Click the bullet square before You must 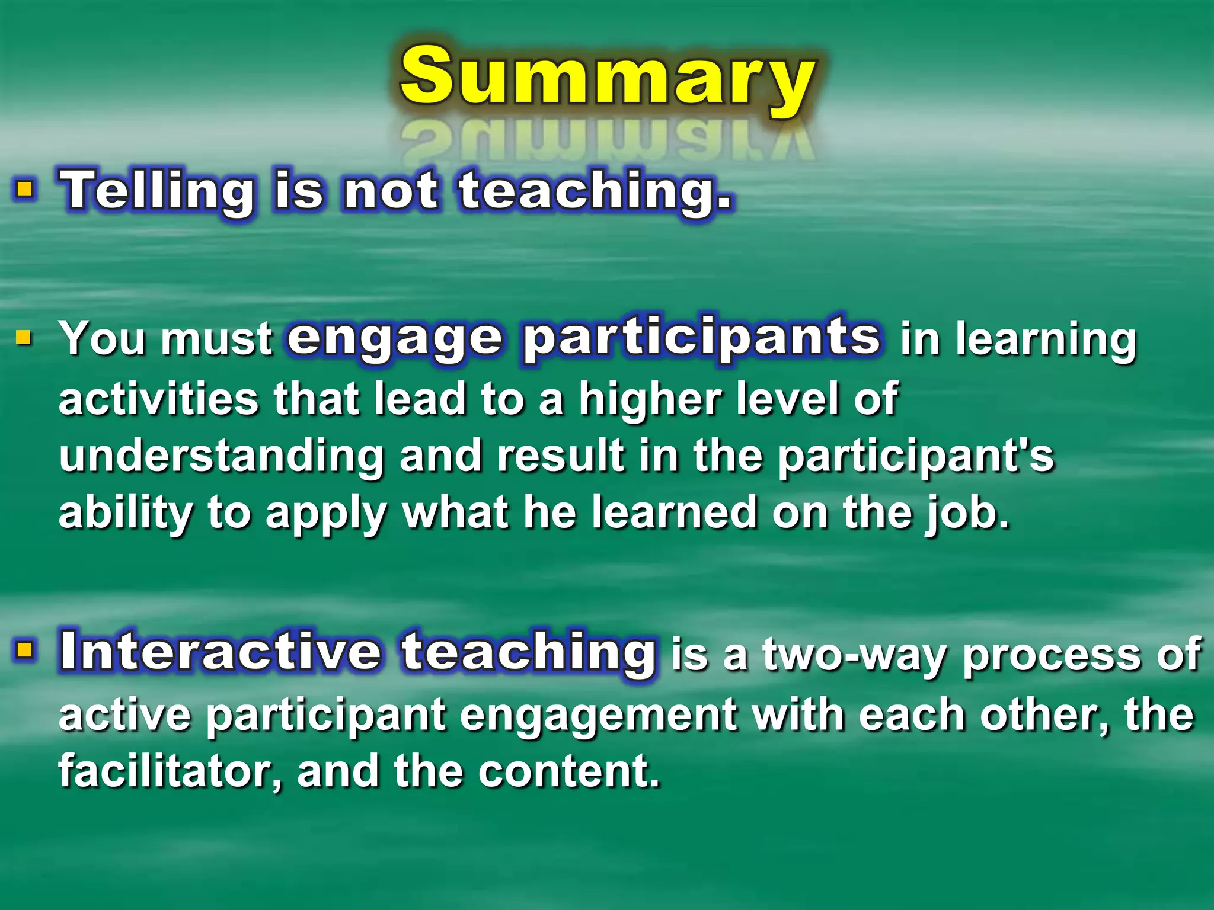pyautogui.click(x=24, y=338)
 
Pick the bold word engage pyautogui.click(x=395, y=338)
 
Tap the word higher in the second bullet pyautogui.click(x=650, y=399)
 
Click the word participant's pyautogui.click(x=916, y=456)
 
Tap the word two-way pyautogui.click(x=856, y=655)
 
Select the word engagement pyautogui.click(x=599, y=716)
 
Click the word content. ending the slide pyautogui.click(x=569, y=771)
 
